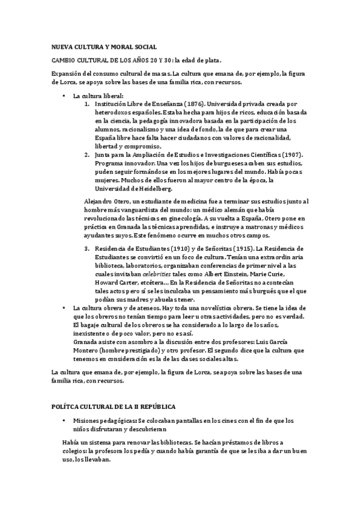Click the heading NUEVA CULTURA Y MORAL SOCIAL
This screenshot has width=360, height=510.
click(x=104, y=46)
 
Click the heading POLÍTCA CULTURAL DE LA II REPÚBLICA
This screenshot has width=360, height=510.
click(x=112, y=407)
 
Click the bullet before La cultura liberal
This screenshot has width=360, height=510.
click(x=64, y=96)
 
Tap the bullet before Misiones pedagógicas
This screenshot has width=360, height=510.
click(x=64, y=420)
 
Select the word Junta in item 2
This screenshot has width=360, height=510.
click(x=103, y=155)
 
